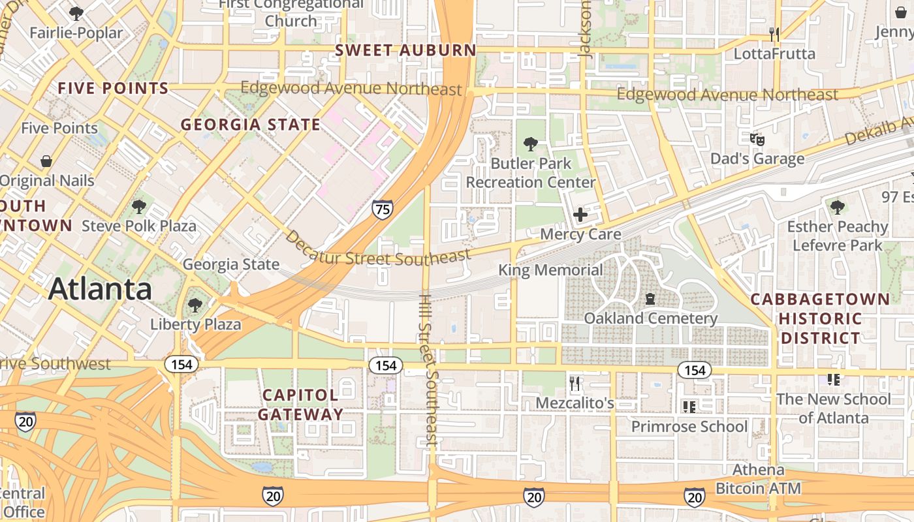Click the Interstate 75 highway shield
383,209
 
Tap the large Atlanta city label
100,288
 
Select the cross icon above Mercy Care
580,214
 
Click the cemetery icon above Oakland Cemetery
650,299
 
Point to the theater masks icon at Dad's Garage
757,139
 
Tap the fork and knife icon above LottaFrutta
774,34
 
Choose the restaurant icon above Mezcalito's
575,384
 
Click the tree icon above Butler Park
530,144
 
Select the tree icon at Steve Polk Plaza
138,207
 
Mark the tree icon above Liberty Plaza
195,305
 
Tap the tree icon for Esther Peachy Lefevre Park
837,207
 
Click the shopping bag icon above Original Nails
46,161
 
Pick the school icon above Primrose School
689,407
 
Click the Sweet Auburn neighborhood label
405,50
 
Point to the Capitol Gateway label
300,405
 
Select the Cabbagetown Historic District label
820,318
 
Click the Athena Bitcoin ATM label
758,479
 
